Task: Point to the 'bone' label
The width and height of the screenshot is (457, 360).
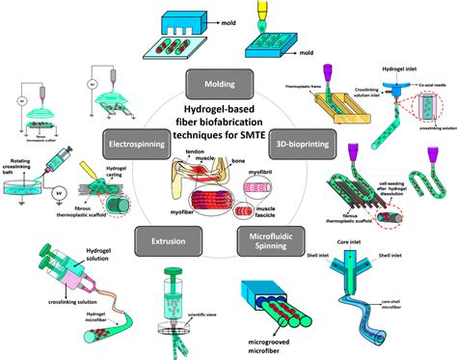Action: [251, 171]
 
